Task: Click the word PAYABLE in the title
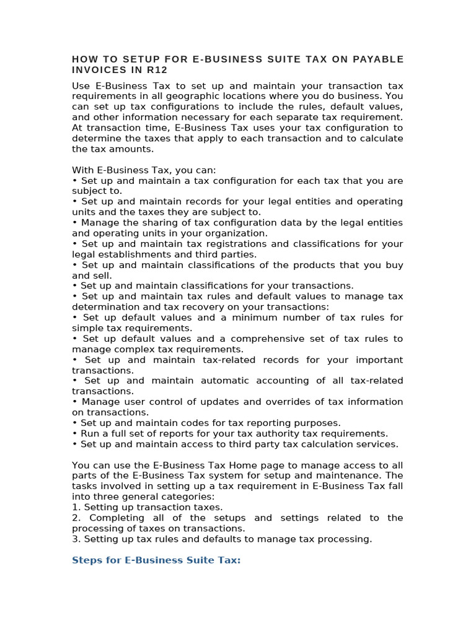pos(377,59)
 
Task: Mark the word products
pos(298,265)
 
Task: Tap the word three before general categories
pos(106,497)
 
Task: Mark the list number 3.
pos(76,539)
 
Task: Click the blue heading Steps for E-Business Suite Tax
pos(156,560)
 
